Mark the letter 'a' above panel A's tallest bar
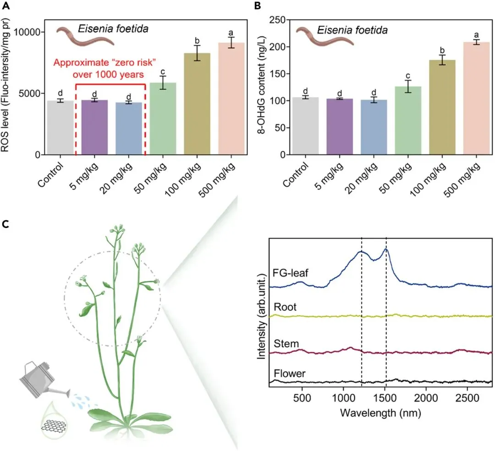pos(231,33)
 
